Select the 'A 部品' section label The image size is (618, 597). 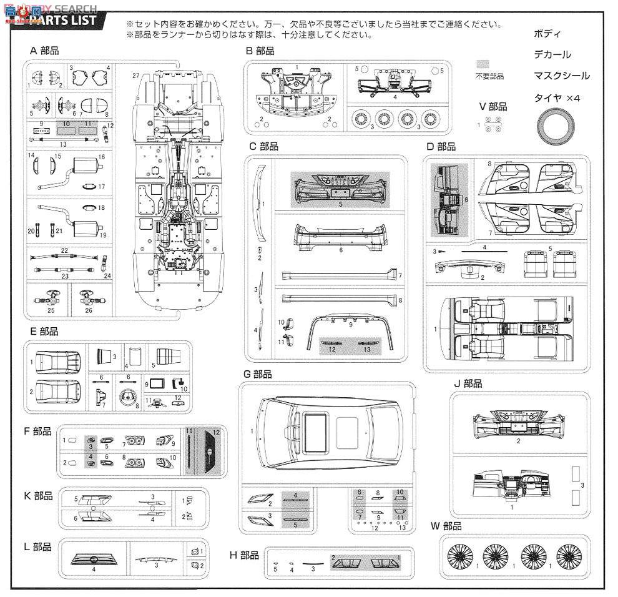[44, 51]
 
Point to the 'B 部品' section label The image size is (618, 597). [260, 51]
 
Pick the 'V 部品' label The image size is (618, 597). [493, 106]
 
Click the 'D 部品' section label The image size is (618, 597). [441, 147]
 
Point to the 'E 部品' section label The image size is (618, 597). [44, 331]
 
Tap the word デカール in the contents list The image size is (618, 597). [552, 54]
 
